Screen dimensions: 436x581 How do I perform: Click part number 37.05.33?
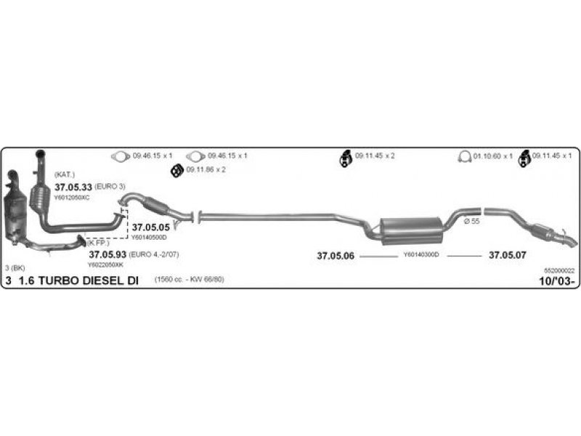pyautogui.click(x=73, y=187)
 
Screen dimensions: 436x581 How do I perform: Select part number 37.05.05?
pyautogui.click(x=150, y=227)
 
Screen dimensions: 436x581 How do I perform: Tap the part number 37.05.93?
pyautogui.click(x=107, y=255)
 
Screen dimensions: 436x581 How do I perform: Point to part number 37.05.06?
pyautogui.click(x=336, y=256)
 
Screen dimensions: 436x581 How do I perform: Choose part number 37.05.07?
pyautogui.click(x=507, y=256)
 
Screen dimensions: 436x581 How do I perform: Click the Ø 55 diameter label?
pyautogui.click(x=473, y=221)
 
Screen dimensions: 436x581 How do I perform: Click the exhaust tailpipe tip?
pyautogui.click(x=570, y=239)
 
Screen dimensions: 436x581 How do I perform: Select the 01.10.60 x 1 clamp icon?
pyautogui.click(x=464, y=156)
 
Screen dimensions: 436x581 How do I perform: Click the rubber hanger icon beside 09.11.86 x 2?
pyautogui.click(x=175, y=170)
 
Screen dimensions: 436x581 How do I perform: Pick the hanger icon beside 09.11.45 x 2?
pyautogui.click(x=346, y=156)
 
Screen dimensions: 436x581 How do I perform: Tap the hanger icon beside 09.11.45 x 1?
pyautogui.click(x=523, y=156)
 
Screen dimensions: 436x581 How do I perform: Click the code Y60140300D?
pyautogui.click(x=421, y=256)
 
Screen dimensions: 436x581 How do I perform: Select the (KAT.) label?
pyautogui.click(x=65, y=175)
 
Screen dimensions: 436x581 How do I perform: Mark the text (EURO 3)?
pyautogui.click(x=110, y=187)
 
